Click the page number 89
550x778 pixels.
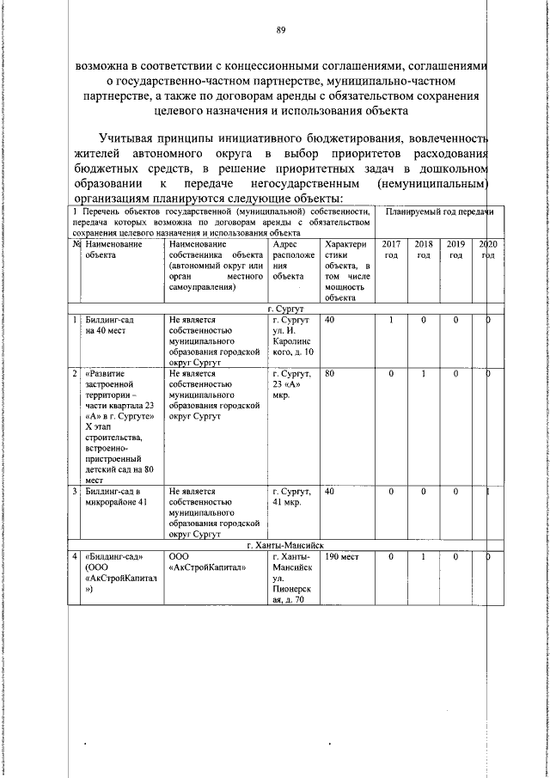(280, 31)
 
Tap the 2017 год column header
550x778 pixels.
(390, 250)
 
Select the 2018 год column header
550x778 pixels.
(423, 250)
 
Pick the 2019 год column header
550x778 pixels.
(455, 250)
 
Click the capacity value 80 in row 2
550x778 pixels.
(330, 374)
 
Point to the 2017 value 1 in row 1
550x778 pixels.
(390, 320)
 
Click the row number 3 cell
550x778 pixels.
(76, 492)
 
